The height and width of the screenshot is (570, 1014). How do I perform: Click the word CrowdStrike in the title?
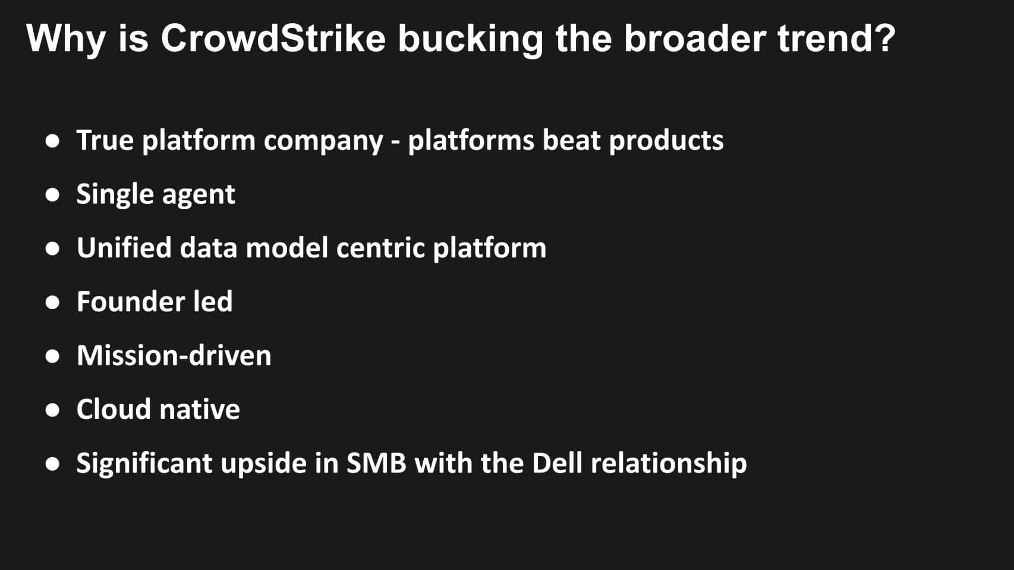click(x=273, y=38)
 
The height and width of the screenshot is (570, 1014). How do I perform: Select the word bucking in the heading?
click(x=470, y=41)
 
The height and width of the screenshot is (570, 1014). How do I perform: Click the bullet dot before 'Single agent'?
click(x=52, y=195)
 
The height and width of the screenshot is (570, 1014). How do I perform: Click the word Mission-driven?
click(x=174, y=355)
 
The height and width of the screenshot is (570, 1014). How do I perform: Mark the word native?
click(x=200, y=410)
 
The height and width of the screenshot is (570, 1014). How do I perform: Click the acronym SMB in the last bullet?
click(x=376, y=463)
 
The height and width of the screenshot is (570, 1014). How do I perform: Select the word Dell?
click(x=557, y=463)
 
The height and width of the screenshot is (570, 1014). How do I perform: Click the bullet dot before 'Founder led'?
click(x=52, y=303)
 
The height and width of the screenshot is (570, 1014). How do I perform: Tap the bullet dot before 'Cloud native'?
click(x=52, y=410)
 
